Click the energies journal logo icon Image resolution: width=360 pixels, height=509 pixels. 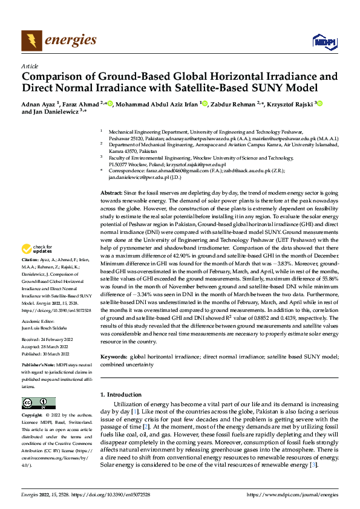30,41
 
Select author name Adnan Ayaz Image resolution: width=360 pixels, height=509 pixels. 38,103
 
